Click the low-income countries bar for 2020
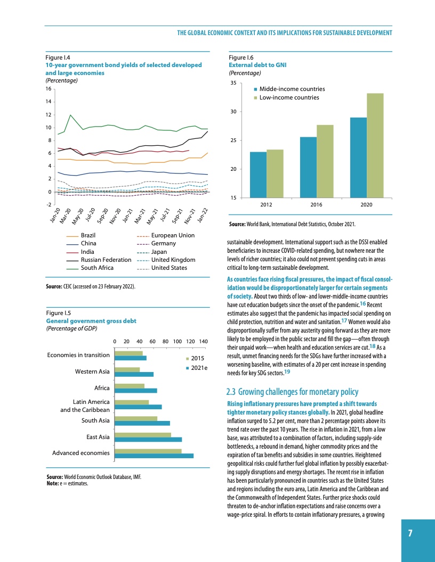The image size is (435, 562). [375, 145]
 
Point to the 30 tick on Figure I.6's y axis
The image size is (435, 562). [233, 112]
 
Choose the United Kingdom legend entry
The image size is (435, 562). [173, 260]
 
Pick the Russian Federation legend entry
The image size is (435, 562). [106, 260]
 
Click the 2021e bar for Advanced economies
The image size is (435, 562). [155, 456]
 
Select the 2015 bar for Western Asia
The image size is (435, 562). [127, 369]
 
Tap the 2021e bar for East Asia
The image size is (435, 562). [149, 440]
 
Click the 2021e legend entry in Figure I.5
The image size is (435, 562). [199, 368]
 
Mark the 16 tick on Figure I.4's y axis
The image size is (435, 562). [50, 89]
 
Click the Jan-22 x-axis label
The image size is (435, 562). [202, 215]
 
